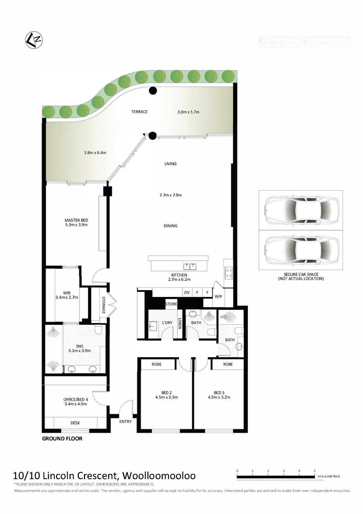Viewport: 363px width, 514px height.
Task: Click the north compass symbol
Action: pos(34,40)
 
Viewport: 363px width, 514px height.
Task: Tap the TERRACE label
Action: pos(139,112)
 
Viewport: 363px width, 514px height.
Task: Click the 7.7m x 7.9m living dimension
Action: pos(171,195)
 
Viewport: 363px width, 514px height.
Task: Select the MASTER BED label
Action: pos(76,220)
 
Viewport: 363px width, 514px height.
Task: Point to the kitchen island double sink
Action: pos(189,266)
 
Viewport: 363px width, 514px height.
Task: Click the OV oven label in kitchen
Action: pos(187,292)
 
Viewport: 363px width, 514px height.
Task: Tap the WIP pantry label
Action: pos(218,296)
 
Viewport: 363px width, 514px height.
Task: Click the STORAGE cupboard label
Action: pos(104,305)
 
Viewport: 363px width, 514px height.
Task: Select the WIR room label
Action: pos(67,293)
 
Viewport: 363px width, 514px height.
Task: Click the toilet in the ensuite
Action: pos(98,329)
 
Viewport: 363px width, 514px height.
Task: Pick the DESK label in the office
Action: pos(75,423)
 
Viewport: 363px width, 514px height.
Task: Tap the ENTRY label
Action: pos(126,421)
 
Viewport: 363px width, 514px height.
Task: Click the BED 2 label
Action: pos(166,393)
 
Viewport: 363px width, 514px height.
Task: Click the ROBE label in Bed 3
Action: pos(228,364)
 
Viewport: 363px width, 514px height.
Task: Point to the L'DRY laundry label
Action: pos(167,323)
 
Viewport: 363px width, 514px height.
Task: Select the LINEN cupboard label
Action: pos(180,324)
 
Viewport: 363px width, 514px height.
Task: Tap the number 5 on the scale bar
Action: pos(315,471)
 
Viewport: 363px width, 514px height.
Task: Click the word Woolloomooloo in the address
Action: pos(159,475)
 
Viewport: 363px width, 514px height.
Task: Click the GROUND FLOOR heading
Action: pos(62,438)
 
